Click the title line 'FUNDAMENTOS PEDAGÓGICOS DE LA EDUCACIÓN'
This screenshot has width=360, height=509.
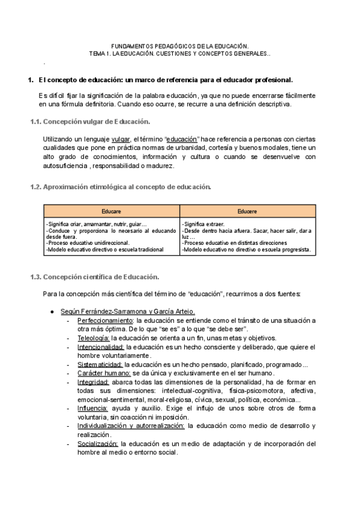[x=180, y=46]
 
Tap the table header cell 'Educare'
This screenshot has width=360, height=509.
[x=112, y=211]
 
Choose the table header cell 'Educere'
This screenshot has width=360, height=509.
[x=247, y=211]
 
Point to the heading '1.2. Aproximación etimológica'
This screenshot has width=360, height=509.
[x=121, y=187]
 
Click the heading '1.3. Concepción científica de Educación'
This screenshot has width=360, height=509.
[x=95, y=277]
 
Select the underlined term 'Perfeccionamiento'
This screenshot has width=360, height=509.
[x=105, y=321]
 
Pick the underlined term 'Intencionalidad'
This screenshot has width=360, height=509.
[x=101, y=347]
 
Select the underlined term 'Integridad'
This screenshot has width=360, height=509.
[x=93, y=382]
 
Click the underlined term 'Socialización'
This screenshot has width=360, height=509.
[x=97, y=444]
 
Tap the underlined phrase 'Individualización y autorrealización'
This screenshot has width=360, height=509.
[x=130, y=426]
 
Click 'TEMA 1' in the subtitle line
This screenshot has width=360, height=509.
[x=100, y=53]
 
